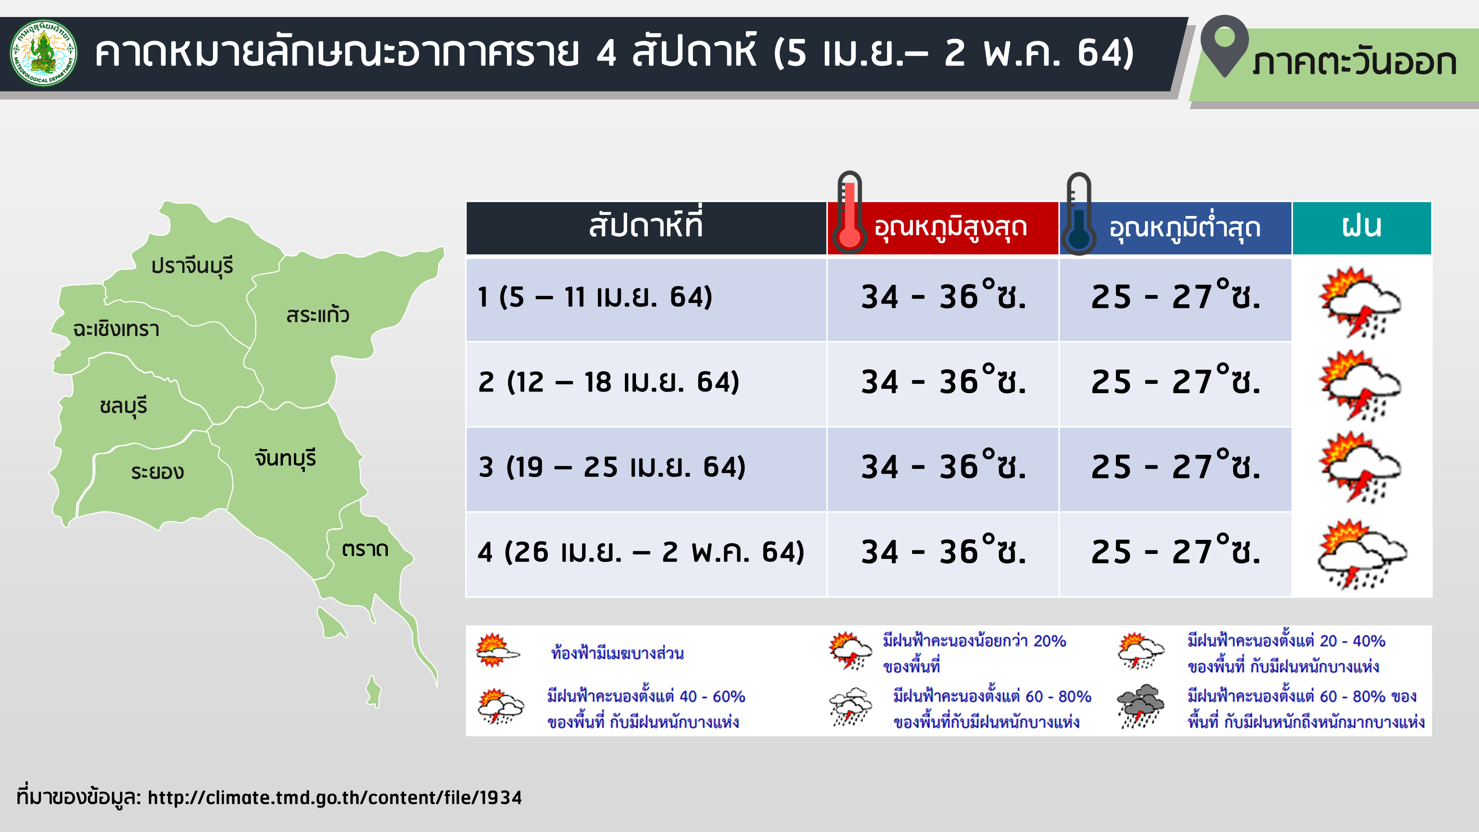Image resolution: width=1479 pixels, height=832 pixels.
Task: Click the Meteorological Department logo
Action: pos(44,53)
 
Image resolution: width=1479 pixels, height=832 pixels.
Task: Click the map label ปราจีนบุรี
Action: pos(192,266)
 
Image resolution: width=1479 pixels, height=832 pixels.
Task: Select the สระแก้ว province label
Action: pos(318,315)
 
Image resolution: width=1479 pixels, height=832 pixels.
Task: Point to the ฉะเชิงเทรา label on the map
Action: pos(116,329)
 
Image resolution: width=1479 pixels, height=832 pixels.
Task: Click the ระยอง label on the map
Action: pos(157,471)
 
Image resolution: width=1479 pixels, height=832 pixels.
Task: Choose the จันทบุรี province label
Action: pos(285,458)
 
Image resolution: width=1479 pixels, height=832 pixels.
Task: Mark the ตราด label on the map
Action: pos(365,549)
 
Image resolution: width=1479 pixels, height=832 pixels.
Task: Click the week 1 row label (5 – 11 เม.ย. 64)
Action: pos(595,297)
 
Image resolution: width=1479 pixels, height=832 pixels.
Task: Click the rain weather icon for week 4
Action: pos(1362,555)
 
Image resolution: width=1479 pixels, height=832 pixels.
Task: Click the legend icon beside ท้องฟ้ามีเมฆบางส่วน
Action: pos(497,650)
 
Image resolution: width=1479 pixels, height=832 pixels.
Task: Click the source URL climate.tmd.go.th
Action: pos(335,798)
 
